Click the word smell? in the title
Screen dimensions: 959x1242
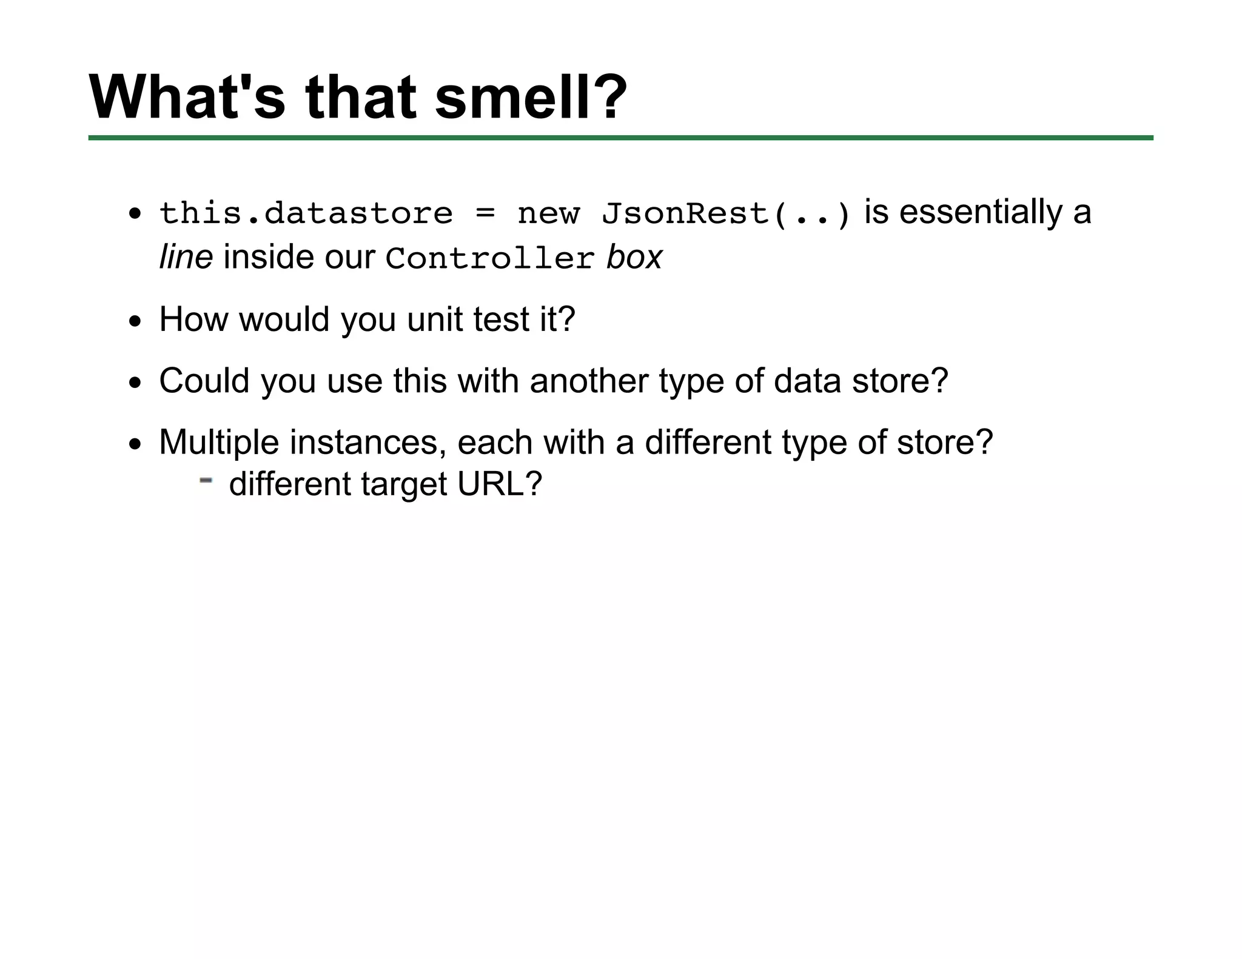point(531,97)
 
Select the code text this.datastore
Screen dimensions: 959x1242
point(306,213)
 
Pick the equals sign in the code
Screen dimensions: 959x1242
point(485,213)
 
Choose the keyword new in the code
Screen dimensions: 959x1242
point(548,214)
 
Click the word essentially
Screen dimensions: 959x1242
point(981,212)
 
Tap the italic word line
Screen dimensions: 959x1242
point(186,257)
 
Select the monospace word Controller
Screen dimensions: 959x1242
point(490,259)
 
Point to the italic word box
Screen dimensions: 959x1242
point(634,257)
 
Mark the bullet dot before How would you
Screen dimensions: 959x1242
point(135,321)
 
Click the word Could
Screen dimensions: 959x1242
point(204,381)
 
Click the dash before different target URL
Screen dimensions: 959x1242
point(206,481)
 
